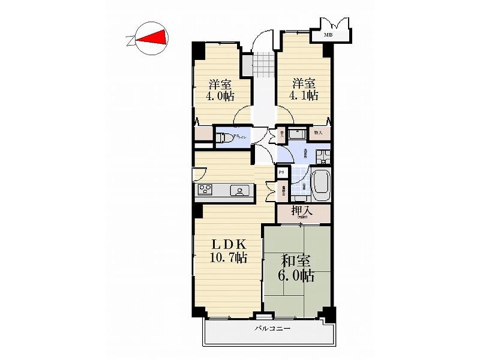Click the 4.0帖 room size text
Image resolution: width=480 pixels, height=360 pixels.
pyautogui.click(x=221, y=95)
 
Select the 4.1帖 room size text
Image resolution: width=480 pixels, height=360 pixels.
pyautogui.click(x=304, y=95)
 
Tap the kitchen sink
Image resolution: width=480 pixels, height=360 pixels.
pyautogui.click(x=240, y=191)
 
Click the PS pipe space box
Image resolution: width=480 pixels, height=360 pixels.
pyautogui.click(x=281, y=172)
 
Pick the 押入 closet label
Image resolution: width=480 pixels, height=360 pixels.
pyautogui.click(x=303, y=211)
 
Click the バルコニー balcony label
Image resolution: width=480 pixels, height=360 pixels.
pyautogui.click(x=272, y=329)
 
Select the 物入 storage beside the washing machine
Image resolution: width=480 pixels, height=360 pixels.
pyautogui.click(x=319, y=133)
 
